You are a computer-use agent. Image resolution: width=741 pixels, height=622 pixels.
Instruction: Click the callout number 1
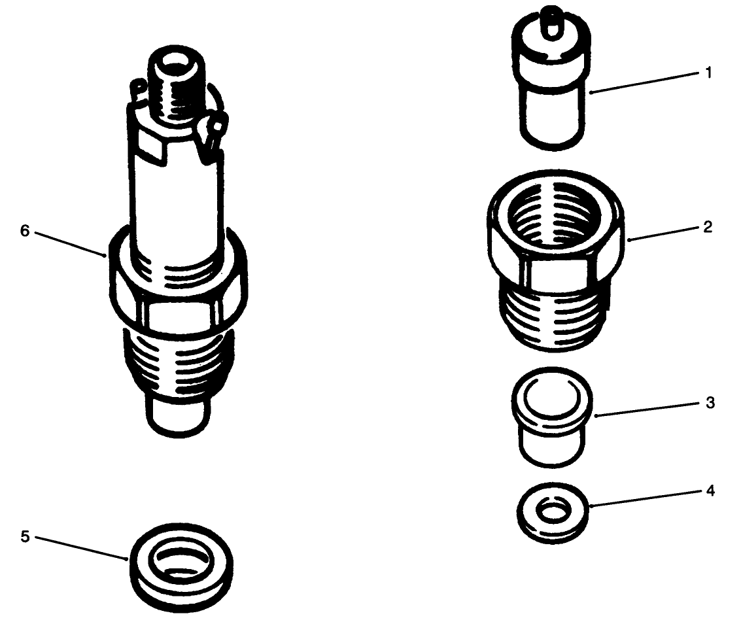(x=709, y=73)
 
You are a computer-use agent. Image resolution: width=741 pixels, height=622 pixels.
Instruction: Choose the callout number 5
(x=25, y=536)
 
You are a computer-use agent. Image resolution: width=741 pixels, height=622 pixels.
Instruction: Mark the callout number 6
(x=25, y=232)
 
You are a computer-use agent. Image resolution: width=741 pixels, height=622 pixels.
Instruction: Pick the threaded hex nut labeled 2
(x=557, y=262)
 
